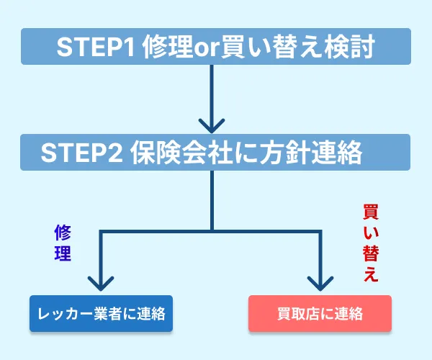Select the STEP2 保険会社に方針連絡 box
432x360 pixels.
(x=216, y=152)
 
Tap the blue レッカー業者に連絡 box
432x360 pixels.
(x=102, y=313)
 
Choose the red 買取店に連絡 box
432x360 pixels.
(x=320, y=313)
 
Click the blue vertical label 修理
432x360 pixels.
(x=63, y=243)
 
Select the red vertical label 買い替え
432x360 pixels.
(x=370, y=244)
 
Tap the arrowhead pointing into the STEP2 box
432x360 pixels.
(x=212, y=124)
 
